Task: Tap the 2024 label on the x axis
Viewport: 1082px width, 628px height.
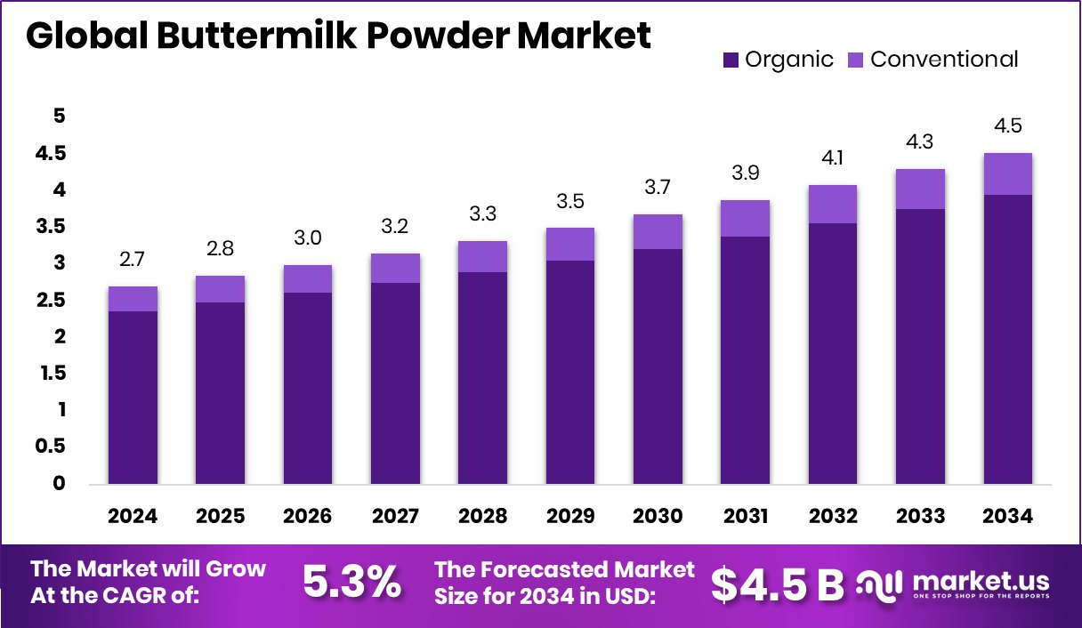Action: point(133,517)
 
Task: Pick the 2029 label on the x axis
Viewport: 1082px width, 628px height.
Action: point(570,517)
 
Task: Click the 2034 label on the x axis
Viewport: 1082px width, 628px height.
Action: point(1008,517)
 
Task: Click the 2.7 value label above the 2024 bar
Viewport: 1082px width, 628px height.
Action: point(133,260)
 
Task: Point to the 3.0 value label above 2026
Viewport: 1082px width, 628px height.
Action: point(308,238)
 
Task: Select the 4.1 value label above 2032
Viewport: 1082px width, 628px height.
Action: point(833,158)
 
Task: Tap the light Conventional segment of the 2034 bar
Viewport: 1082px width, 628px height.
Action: point(1008,173)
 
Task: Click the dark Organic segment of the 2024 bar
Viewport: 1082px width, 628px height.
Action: point(133,398)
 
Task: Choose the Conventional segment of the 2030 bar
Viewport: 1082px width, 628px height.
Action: point(658,231)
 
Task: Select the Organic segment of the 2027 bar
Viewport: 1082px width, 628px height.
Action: point(395,383)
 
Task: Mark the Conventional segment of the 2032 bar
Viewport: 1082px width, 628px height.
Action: point(833,204)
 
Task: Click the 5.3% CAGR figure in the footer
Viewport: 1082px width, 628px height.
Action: point(351,583)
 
